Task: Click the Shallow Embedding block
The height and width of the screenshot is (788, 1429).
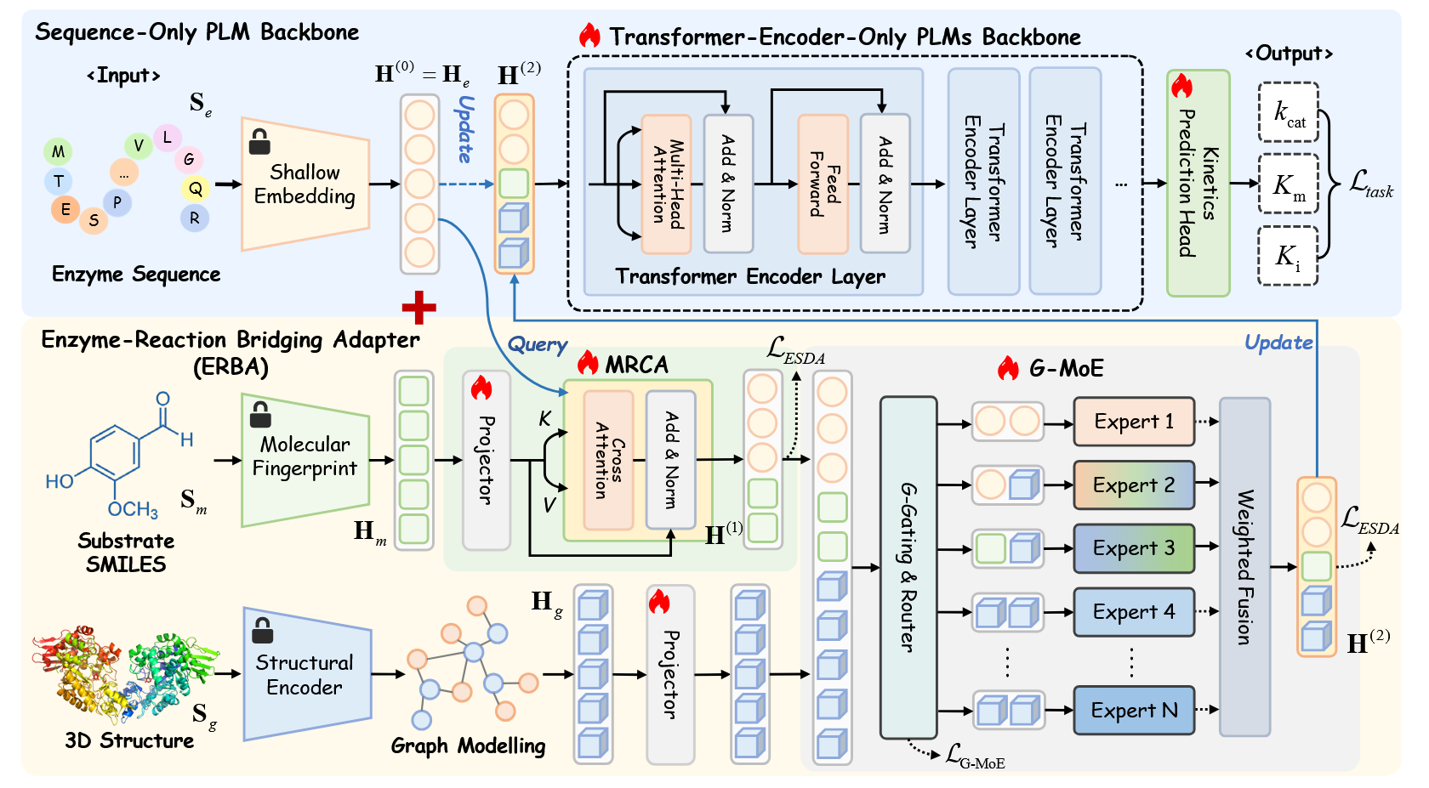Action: point(305,184)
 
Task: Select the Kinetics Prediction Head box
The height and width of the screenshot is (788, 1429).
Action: point(1198,184)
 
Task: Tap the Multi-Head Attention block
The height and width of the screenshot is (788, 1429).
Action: point(666,184)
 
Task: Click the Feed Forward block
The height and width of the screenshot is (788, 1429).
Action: point(823,184)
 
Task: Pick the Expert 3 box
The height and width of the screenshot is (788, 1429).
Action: point(1134,548)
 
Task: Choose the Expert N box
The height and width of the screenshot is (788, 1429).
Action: point(1134,711)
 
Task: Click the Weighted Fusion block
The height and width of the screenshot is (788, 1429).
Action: point(1244,567)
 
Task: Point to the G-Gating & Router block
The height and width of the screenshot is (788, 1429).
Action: point(908,567)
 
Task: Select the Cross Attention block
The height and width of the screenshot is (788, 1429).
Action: point(608,460)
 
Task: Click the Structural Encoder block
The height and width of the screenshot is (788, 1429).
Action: point(305,675)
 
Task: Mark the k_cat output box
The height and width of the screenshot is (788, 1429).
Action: point(1288,112)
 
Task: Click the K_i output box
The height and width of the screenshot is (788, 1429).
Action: point(1288,256)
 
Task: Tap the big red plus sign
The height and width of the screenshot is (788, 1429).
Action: point(418,307)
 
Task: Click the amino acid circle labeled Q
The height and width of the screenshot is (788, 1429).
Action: point(196,189)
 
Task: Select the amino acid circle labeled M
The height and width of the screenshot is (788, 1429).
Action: point(58,152)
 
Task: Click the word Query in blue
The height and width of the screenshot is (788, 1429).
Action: point(537,344)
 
